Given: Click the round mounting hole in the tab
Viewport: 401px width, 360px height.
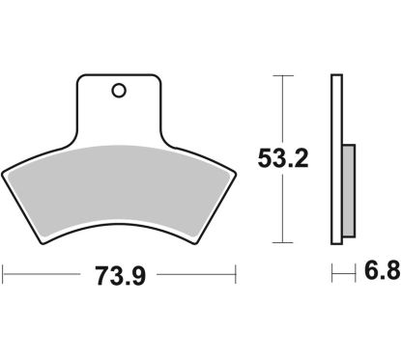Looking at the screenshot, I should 118,92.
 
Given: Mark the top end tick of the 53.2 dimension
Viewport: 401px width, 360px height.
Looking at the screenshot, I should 282,75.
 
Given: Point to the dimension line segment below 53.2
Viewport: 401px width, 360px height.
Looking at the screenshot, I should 282,208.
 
